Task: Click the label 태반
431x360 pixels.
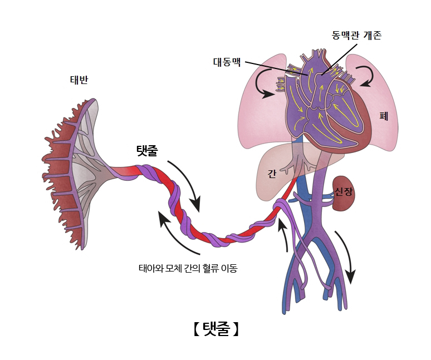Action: tap(78, 79)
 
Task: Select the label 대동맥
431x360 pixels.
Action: tap(227, 62)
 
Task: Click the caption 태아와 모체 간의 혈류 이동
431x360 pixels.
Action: tap(188, 269)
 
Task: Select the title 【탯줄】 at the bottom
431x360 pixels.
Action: tap(215, 329)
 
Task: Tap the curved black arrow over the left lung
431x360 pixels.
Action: tap(263, 83)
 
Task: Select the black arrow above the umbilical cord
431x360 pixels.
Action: tap(186, 184)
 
